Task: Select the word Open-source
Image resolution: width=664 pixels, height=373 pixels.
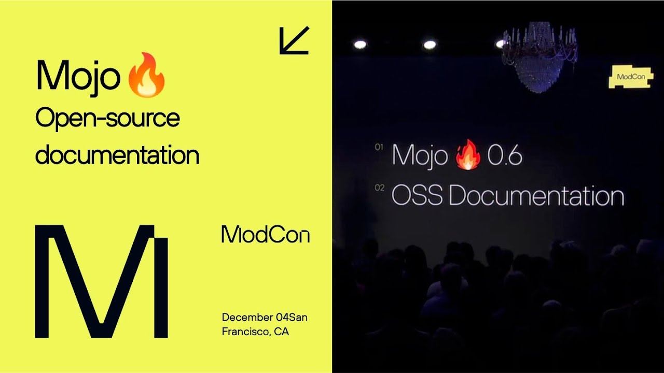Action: (107, 119)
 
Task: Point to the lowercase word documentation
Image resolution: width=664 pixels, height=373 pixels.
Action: (117, 154)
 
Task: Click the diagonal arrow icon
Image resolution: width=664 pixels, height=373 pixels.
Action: (294, 40)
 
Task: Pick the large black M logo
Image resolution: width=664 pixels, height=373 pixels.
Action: (102, 281)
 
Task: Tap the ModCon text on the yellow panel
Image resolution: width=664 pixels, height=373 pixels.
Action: (265, 235)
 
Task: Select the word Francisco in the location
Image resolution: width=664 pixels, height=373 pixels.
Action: (245, 332)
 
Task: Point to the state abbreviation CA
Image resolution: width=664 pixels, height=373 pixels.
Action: (282, 332)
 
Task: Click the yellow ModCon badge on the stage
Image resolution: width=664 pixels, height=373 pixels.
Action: (630, 77)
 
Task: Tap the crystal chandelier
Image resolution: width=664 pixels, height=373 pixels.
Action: (539, 57)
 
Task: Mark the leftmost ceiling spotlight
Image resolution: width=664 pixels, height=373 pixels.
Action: (359, 45)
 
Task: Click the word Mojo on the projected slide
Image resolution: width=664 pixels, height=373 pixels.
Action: (420, 155)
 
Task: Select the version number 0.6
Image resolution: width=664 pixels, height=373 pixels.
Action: (504, 155)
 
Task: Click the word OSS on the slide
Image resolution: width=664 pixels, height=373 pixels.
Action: (417, 196)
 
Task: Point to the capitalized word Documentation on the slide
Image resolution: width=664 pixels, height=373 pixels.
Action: (536, 196)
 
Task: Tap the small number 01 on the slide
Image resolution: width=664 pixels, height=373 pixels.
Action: (379, 147)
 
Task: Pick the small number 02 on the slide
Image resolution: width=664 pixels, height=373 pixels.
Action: (380, 188)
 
